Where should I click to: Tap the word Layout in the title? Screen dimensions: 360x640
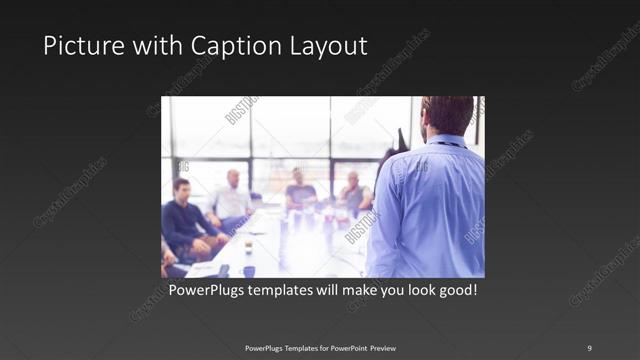point(331,46)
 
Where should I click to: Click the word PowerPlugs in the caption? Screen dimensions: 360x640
point(205,291)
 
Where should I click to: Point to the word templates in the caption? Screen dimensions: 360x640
point(282,291)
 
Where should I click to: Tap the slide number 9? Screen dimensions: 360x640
point(589,347)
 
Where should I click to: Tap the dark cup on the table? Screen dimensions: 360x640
point(248,244)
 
